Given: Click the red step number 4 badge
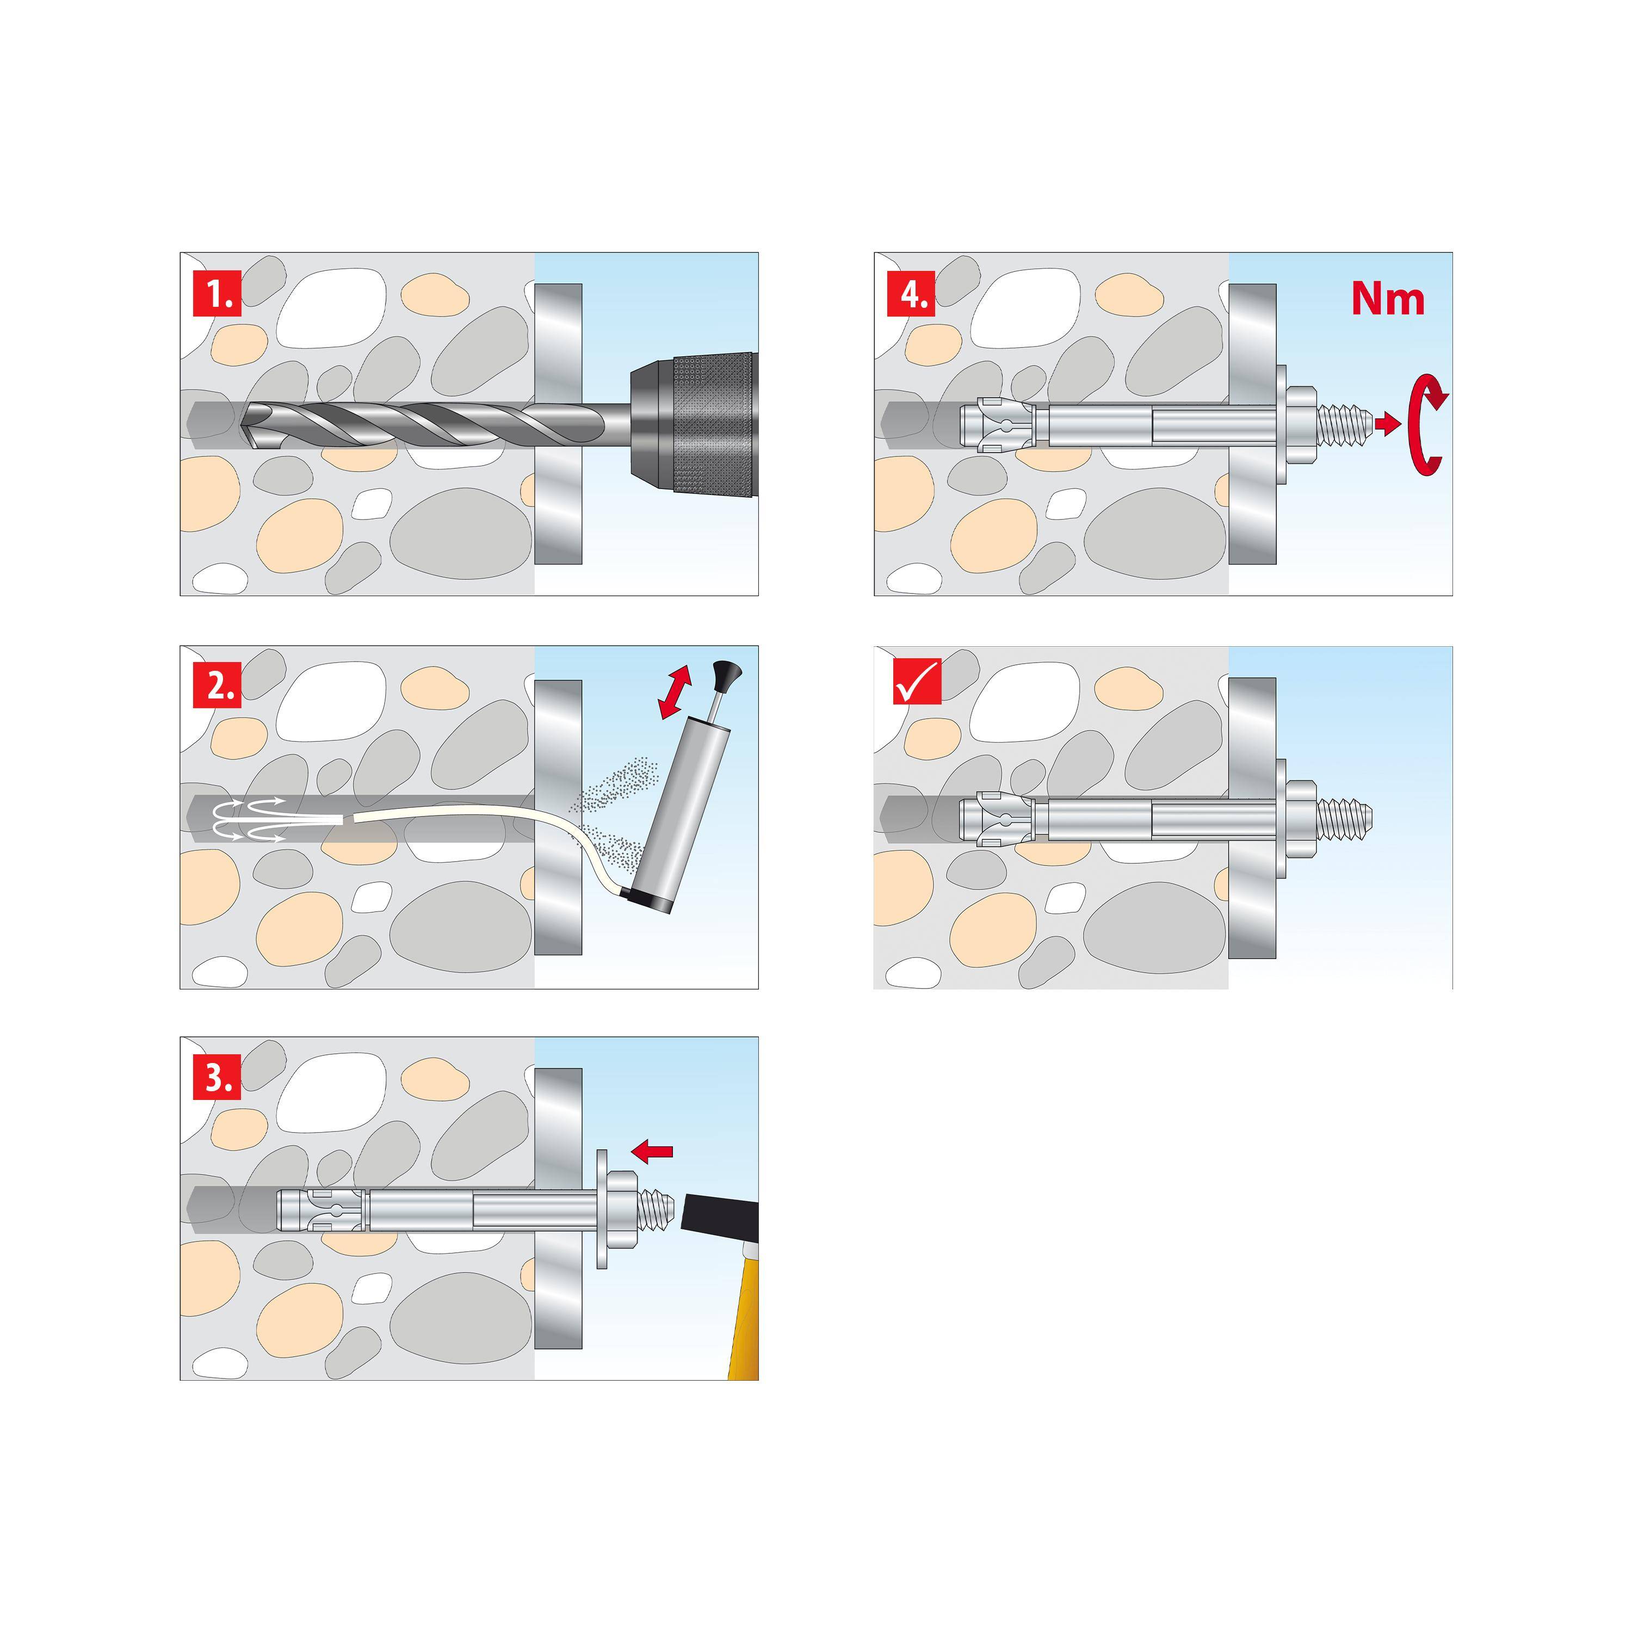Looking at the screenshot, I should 911,294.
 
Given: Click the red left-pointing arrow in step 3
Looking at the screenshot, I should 653,1151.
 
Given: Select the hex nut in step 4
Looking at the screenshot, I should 1302,424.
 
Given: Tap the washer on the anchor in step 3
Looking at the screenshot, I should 602,1208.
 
